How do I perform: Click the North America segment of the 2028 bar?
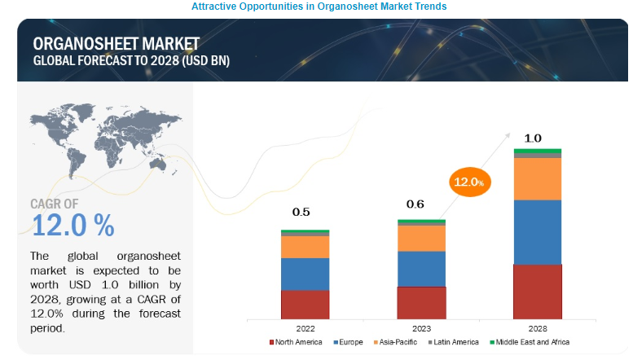pos(538,291)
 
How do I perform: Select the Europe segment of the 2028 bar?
pos(538,232)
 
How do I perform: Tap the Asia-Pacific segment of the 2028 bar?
pos(538,178)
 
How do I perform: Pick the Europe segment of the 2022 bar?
pos(305,274)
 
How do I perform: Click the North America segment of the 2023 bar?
pos(421,302)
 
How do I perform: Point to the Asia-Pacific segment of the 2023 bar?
pos(421,238)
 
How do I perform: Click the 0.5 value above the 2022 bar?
pos(301,213)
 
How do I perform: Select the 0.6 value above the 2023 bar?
pos(415,204)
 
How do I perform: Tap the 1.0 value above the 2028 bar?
pos(533,138)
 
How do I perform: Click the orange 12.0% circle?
pos(465,182)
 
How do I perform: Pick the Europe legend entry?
pos(348,342)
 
